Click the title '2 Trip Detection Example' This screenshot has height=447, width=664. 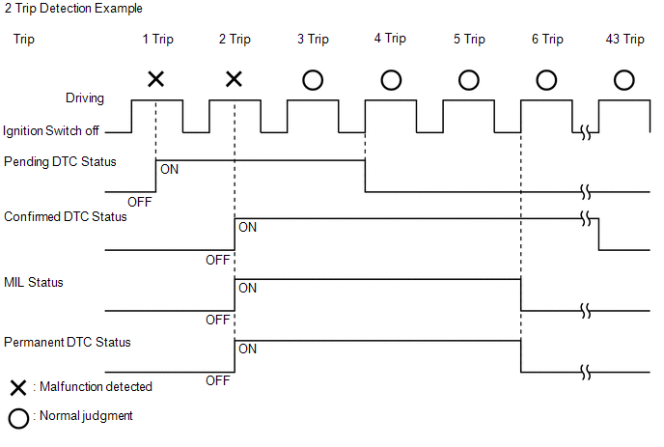point(73,9)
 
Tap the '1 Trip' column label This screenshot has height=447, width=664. point(158,39)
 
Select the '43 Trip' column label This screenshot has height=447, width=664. point(624,39)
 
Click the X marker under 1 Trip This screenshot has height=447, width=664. point(155,79)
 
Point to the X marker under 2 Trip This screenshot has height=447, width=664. point(234,79)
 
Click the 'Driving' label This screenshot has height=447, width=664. point(85,98)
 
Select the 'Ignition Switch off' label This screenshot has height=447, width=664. point(51,131)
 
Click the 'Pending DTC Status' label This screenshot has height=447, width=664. point(60,161)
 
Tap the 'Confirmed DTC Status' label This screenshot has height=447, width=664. point(66,216)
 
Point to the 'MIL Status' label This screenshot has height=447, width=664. point(34,282)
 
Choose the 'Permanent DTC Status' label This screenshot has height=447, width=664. point(68,342)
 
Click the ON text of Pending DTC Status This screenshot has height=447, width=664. point(170,170)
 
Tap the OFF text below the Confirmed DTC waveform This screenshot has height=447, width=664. point(218,260)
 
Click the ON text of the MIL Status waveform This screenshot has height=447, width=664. point(248,288)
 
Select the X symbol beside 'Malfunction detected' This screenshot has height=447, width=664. point(18,388)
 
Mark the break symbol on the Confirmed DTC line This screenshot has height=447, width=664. point(586,218)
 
